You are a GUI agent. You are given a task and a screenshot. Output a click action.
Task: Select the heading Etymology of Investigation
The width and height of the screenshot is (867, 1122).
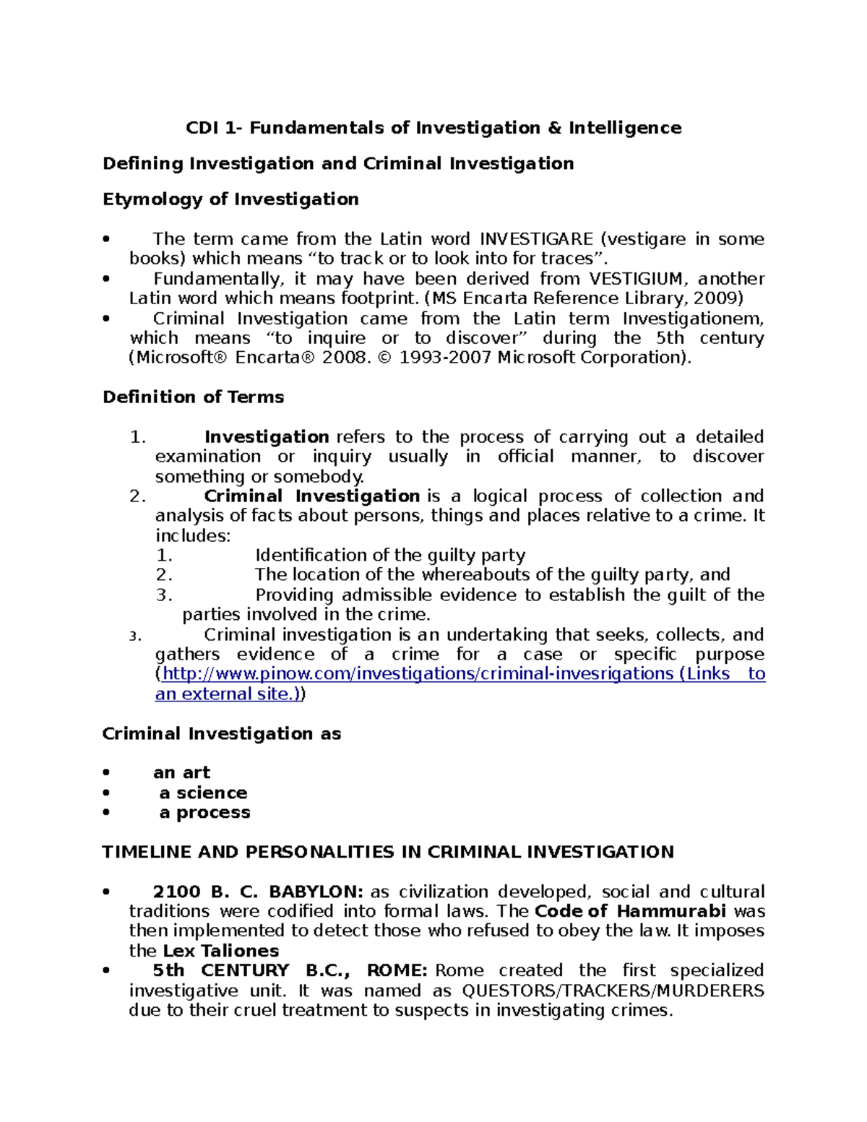(230, 199)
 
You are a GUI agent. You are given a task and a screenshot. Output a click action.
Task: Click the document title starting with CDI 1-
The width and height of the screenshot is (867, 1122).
(433, 128)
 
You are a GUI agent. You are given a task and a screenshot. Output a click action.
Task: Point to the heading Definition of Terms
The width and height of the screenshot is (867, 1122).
(193, 397)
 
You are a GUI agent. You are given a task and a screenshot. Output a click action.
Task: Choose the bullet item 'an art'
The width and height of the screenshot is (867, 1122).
(181, 773)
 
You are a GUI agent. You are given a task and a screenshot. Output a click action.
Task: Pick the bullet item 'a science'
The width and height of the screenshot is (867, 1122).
(203, 793)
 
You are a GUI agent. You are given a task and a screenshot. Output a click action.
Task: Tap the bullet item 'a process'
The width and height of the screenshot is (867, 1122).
(204, 812)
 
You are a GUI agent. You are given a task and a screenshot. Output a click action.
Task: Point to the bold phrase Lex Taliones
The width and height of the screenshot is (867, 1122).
(220, 951)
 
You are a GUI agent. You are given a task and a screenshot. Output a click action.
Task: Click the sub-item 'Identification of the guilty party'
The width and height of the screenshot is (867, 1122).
(390, 556)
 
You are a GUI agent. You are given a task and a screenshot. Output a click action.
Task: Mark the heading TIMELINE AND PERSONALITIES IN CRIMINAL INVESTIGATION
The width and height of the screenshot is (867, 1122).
(388, 853)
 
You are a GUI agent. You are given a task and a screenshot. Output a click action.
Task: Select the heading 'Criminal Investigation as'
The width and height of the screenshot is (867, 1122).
(222, 734)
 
